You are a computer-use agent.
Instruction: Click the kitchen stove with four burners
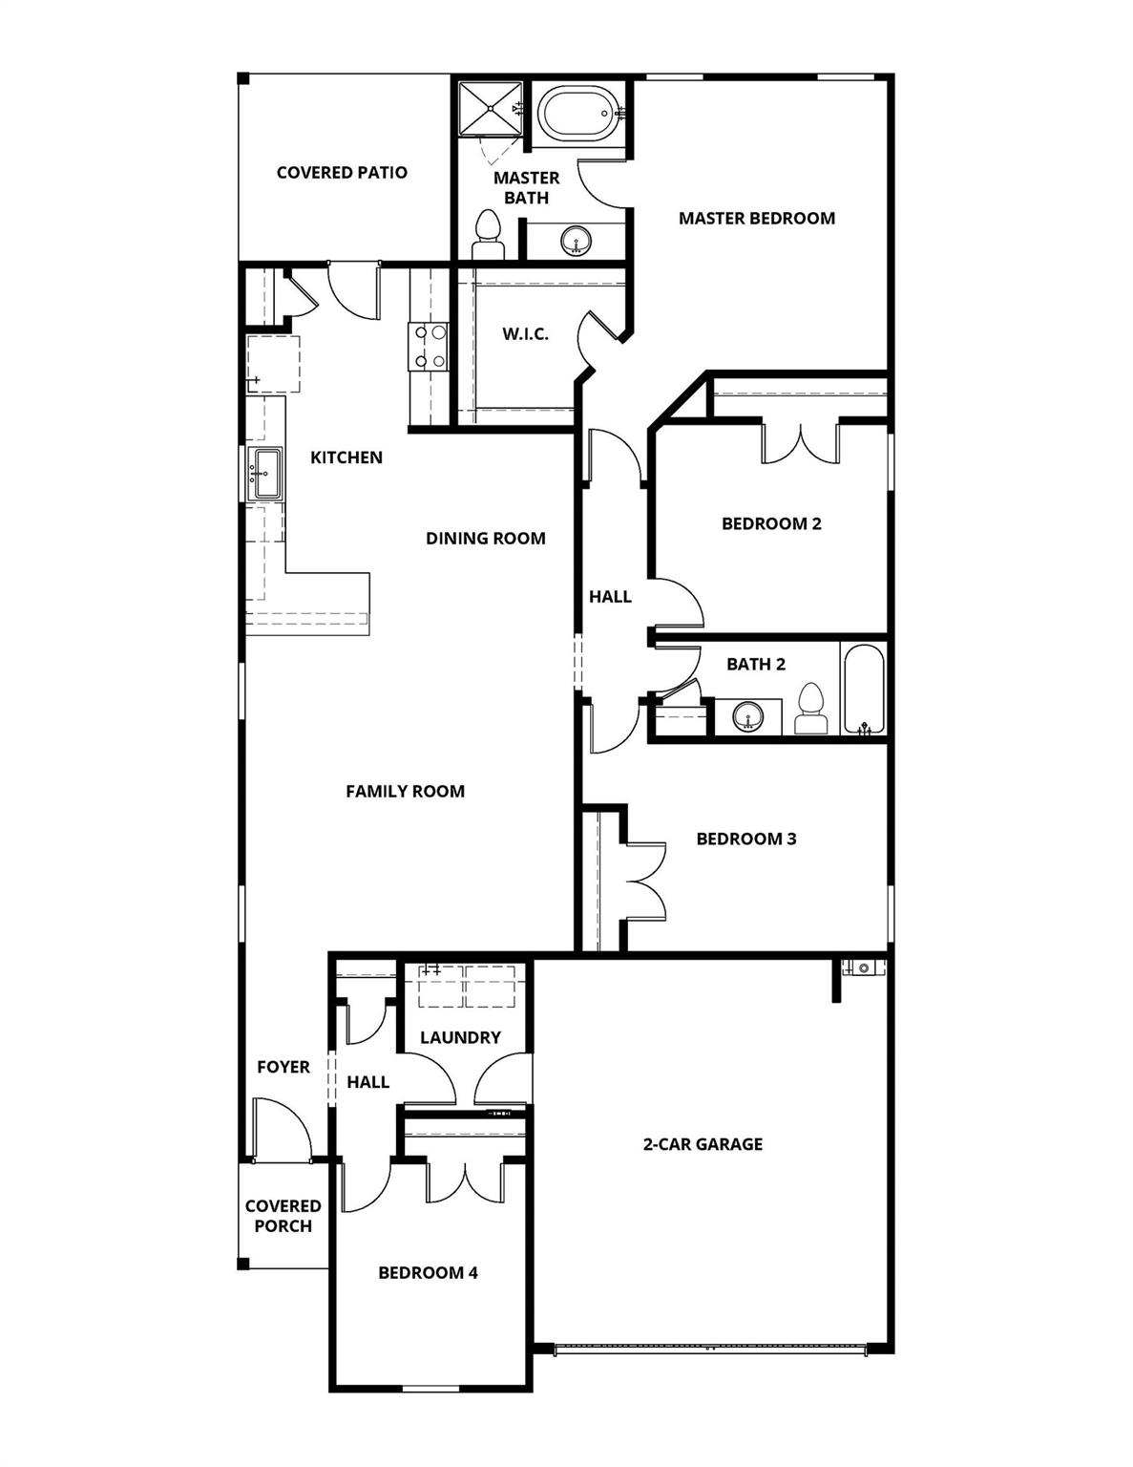tap(429, 346)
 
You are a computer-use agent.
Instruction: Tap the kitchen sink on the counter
tap(264, 473)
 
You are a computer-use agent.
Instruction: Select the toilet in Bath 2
tap(811, 709)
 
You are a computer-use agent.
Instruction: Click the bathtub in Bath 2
tap(864, 688)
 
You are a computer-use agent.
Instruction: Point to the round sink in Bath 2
tap(748, 715)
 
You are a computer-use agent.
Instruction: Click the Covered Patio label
tap(342, 173)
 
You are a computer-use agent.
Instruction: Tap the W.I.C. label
tap(526, 334)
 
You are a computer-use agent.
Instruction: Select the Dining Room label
tap(486, 539)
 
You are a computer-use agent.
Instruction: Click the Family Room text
tap(405, 791)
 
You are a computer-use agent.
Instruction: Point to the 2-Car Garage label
tap(703, 1144)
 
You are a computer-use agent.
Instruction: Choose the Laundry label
tap(460, 1037)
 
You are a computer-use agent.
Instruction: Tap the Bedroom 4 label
tap(428, 1273)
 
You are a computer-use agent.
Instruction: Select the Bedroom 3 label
tap(746, 840)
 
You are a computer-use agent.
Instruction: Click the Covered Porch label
tap(283, 1216)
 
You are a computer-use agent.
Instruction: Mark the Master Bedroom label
tap(757, 219)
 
